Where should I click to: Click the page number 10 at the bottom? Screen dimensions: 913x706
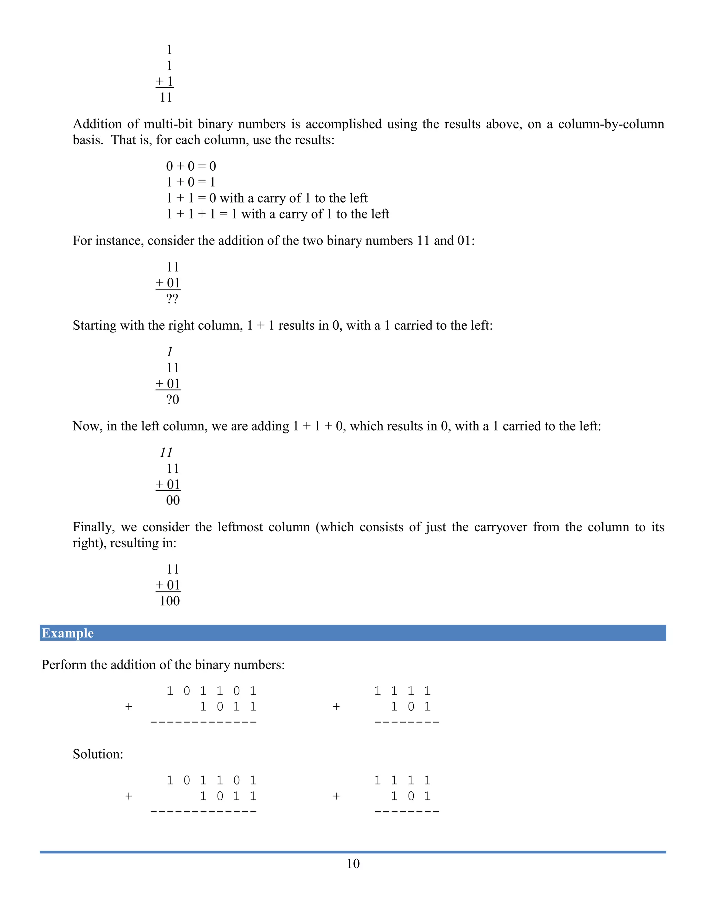coord(353,863)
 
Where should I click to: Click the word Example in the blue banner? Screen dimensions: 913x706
coord(68,633)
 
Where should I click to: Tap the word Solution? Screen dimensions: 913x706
coord(98,754)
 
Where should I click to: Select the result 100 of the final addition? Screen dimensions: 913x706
coord(169,601)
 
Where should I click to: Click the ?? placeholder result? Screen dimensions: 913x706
coord(172,299)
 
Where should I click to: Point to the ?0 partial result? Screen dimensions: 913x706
coord(172,400)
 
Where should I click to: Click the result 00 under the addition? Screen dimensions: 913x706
coord(173,500)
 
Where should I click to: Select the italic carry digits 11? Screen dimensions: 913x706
coord(166,452)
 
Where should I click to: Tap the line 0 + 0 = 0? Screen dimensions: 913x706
coord(191,166)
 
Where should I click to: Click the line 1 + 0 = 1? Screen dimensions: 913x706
coord(191,182)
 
